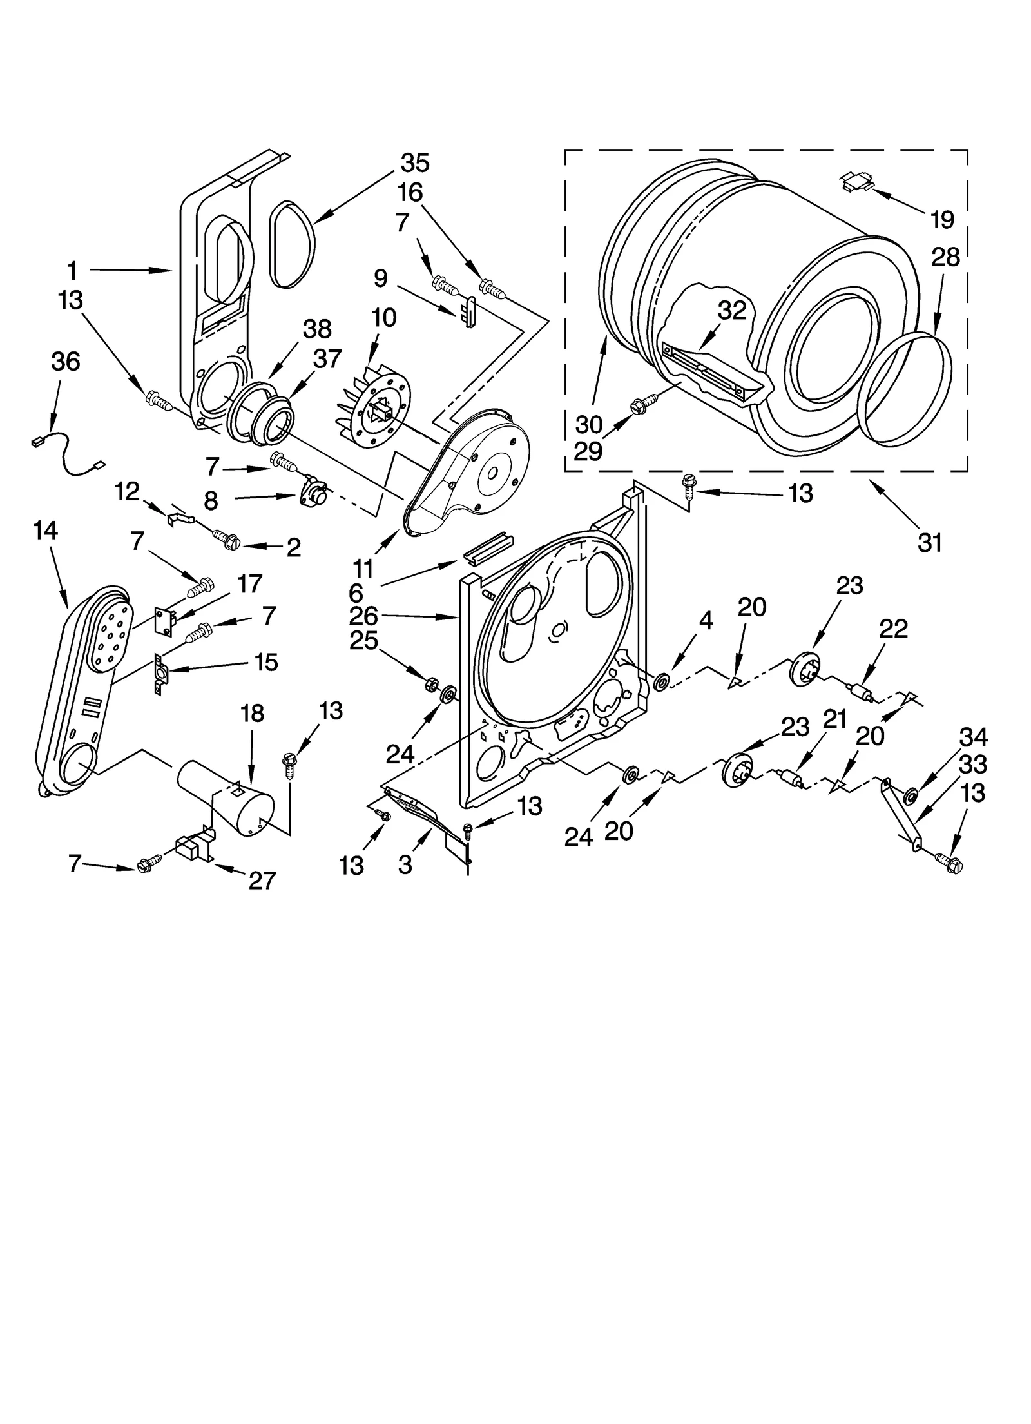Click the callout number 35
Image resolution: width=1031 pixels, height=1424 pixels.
tap(414, 163)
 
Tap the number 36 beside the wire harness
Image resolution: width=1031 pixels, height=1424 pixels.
tap(65, 362)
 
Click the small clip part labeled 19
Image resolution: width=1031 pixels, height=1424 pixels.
tap(857, 183)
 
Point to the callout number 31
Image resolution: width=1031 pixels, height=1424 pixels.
tap(930, 543)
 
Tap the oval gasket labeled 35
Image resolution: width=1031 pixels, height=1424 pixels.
tap(293, 243)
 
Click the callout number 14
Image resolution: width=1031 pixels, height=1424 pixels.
tap(45, 531)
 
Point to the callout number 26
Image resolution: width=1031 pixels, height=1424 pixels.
tap(363, 616)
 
